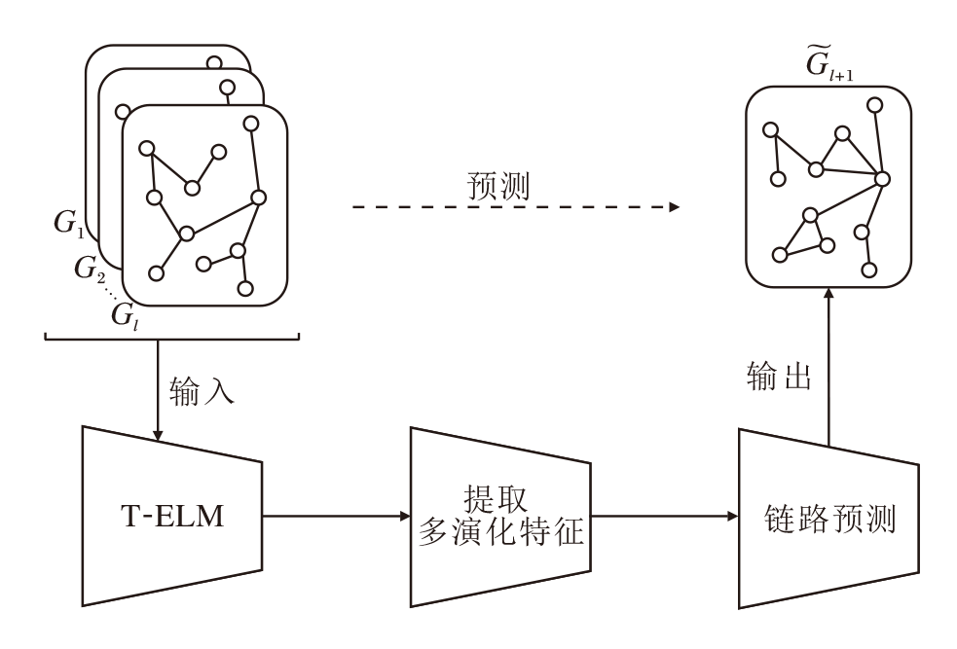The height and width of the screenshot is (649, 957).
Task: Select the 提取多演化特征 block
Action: tap(499, 516)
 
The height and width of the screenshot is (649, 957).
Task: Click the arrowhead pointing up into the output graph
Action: tap(828, 295)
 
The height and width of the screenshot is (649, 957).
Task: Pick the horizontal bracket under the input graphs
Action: tap(171, 338)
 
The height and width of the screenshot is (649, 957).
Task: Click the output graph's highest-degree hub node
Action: tap(882, 178)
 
